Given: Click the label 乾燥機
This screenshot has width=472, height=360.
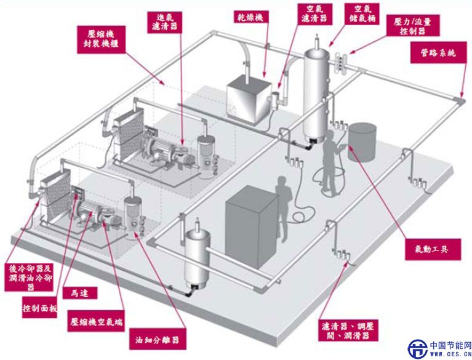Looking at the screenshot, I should click(251, 16).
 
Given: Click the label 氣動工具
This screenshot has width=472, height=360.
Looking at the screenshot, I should click(431, 248).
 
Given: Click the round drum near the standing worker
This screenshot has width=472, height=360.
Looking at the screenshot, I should click(362, 142).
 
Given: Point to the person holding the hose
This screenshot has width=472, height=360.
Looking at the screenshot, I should click(331, 157).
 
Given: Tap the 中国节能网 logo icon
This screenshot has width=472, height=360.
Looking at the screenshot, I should click(418, 348).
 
